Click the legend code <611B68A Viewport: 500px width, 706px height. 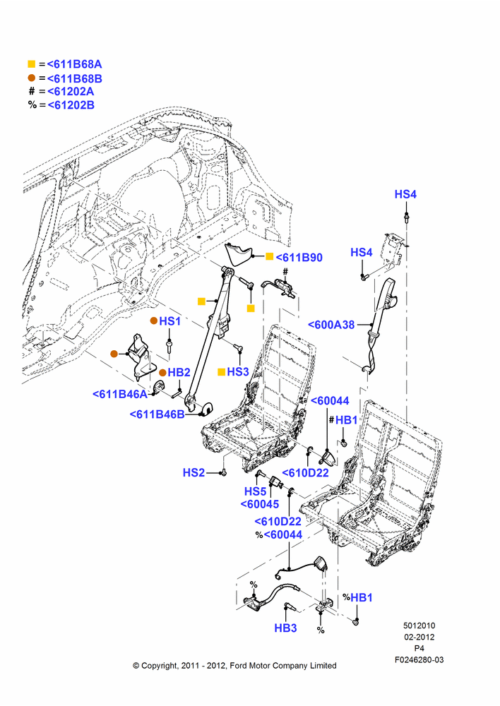(x=74, y=64)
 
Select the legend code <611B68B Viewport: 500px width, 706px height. (x=74, y=78)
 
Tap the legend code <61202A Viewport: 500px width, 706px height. (x=71, y=91)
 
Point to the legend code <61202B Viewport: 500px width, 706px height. (x=71, y=105)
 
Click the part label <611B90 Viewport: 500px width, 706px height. (x=299, y=258)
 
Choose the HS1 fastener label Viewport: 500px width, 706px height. (x=169, y=321)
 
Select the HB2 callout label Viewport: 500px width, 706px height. (x=179, y=372)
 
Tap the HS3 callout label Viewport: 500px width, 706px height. (x=238, y=371)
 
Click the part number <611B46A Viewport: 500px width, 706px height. (x=120, y=394)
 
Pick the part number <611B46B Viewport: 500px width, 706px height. (x=157, y=414)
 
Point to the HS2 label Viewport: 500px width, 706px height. (x=194, y=472)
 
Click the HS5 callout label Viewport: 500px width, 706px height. (x=256, y=491)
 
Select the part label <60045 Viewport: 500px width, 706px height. (x=259, y=504)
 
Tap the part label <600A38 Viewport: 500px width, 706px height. (x=331, y=325)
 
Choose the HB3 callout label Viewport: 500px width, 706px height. (x=285, y=628)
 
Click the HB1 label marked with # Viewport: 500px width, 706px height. (x=346, y=419)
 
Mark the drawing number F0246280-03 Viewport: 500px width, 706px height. (x=419, y=659)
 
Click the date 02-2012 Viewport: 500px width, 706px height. (x=419, y=637)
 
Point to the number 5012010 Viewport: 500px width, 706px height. (x=419, y=626)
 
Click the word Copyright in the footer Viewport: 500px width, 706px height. (x=160, y=666)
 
